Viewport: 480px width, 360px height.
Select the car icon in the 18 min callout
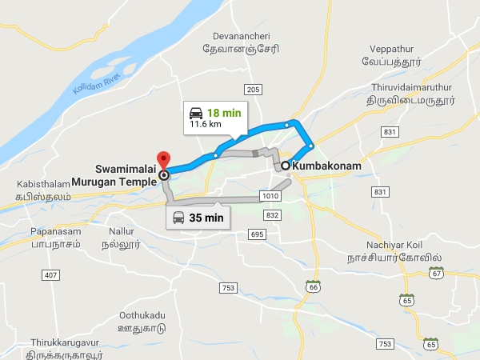[x=195, y=112]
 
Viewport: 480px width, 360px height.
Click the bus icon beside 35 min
[x=178, y=217]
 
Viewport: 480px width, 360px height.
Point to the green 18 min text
[x=225, y=113]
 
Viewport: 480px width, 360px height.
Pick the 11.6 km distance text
[x=206, y=125]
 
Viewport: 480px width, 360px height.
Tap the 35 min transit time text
[x=206, y=217]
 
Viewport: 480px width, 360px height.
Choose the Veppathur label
[x=397, y=49]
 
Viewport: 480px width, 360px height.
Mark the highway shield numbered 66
[x=313, y=286]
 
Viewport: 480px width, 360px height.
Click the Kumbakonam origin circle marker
[x=286, y=166]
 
